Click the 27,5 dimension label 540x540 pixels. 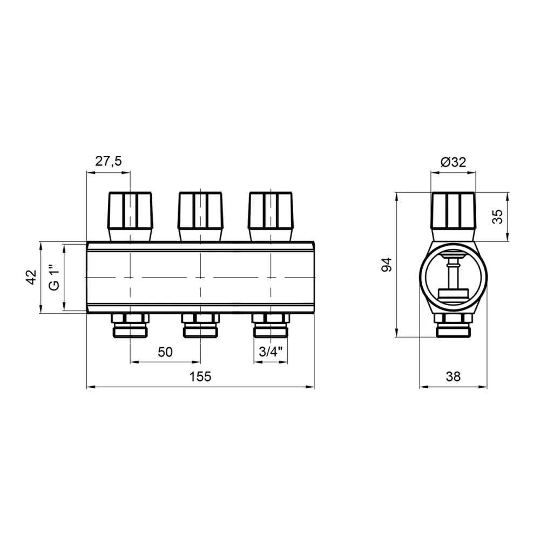coord(109,161)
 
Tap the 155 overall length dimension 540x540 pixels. coord(200,376)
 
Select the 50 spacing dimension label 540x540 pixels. coord(165,352)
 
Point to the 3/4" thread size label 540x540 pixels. coord(271,352)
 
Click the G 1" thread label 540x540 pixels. coord(55,278)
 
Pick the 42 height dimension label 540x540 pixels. coord(31,277)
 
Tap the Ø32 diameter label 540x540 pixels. coord(453,162)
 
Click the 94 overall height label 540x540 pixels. coord(387,265)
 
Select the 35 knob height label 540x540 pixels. coord(497,217)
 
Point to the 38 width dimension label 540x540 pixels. coord(453,376)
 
